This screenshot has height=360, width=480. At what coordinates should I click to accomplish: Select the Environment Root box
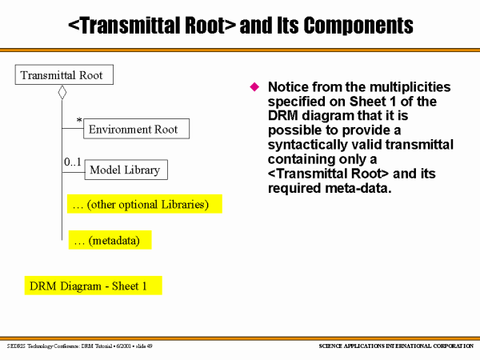[x=136, y=129]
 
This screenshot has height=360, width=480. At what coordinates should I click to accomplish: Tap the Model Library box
[x=124, y=170]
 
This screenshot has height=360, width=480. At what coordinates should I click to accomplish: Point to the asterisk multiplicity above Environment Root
[x=79, y=121]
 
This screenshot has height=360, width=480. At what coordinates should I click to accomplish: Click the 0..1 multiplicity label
[x=73, y=162]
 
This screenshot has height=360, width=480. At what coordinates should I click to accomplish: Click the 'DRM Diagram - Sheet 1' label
[x=93, y=286]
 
